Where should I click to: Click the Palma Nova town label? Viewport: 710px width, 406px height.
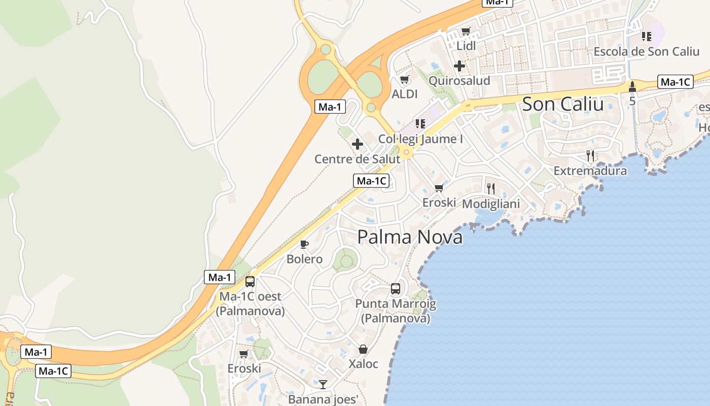coord(410,237)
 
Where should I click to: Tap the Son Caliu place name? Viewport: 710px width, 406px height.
coord(562,104)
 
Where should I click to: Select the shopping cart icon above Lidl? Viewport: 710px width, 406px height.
coord(466,31)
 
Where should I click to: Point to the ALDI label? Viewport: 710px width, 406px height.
coord(405,94)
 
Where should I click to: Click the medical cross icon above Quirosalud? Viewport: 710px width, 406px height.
coord(459,66)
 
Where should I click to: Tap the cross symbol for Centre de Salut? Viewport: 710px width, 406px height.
coord(358,144)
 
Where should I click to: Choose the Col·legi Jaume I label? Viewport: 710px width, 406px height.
coord(420,139)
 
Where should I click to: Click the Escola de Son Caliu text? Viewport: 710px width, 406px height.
coord(647,51)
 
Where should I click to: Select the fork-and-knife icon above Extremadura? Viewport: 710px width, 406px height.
coord(590,156)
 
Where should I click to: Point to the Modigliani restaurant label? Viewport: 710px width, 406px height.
coord(491,204)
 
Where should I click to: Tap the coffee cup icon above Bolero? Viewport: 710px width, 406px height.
coord(304,245)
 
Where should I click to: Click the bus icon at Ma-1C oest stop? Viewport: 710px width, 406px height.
coord(250,282)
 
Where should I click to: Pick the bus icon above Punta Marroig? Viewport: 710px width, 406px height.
coord(396,289)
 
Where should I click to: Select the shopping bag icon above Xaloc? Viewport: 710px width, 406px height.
coord(363,349)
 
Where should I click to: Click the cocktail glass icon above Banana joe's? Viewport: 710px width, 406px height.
coord(323,384)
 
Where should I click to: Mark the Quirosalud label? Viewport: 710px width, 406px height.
coord(459,81)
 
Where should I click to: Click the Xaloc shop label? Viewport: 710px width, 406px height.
coord(363,364)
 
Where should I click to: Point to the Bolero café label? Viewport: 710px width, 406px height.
coord(304,259)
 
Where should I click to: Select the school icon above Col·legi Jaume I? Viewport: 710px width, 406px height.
coord(420,123)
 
